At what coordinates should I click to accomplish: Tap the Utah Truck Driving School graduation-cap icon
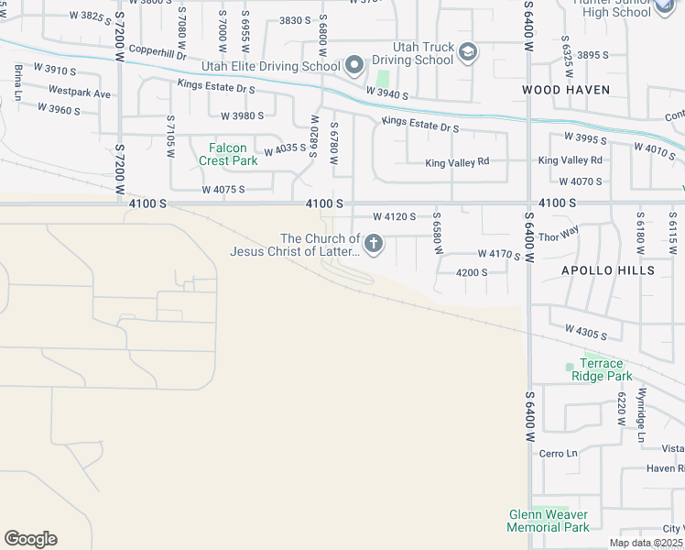point(468,52)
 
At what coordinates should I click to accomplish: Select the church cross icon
point(374,244)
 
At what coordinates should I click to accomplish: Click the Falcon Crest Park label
point(228,153)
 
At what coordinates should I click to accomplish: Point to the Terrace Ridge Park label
point(602,369)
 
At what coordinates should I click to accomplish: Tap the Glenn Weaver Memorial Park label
point(549,521)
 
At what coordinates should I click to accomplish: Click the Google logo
point(30,539)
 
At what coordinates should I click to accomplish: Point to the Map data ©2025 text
point(646,543)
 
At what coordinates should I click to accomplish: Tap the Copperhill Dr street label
point(158,56)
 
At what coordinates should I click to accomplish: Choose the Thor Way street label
point(560,233)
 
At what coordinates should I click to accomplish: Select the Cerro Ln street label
point(559,453)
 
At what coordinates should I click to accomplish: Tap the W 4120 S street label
point(395,217)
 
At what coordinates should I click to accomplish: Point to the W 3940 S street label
point(386,93)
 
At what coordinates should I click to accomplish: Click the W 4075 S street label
point(223,190)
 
